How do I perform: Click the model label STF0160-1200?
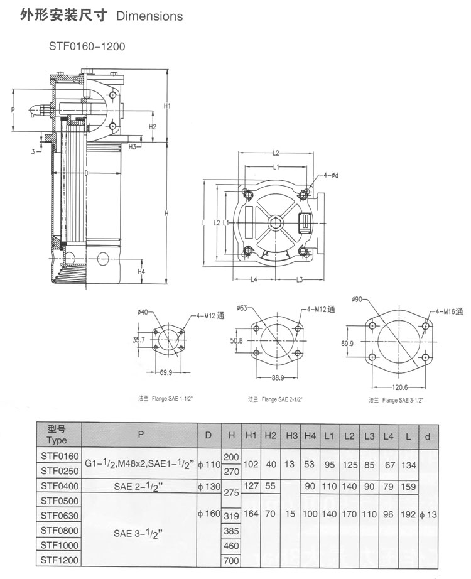[x=82, y=46]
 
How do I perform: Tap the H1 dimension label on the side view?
[x=168, y=106]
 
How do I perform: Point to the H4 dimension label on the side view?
[x=141, y=271]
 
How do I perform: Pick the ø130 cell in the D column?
[x=208, y=485]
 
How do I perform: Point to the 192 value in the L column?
[x=408, y=514]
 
